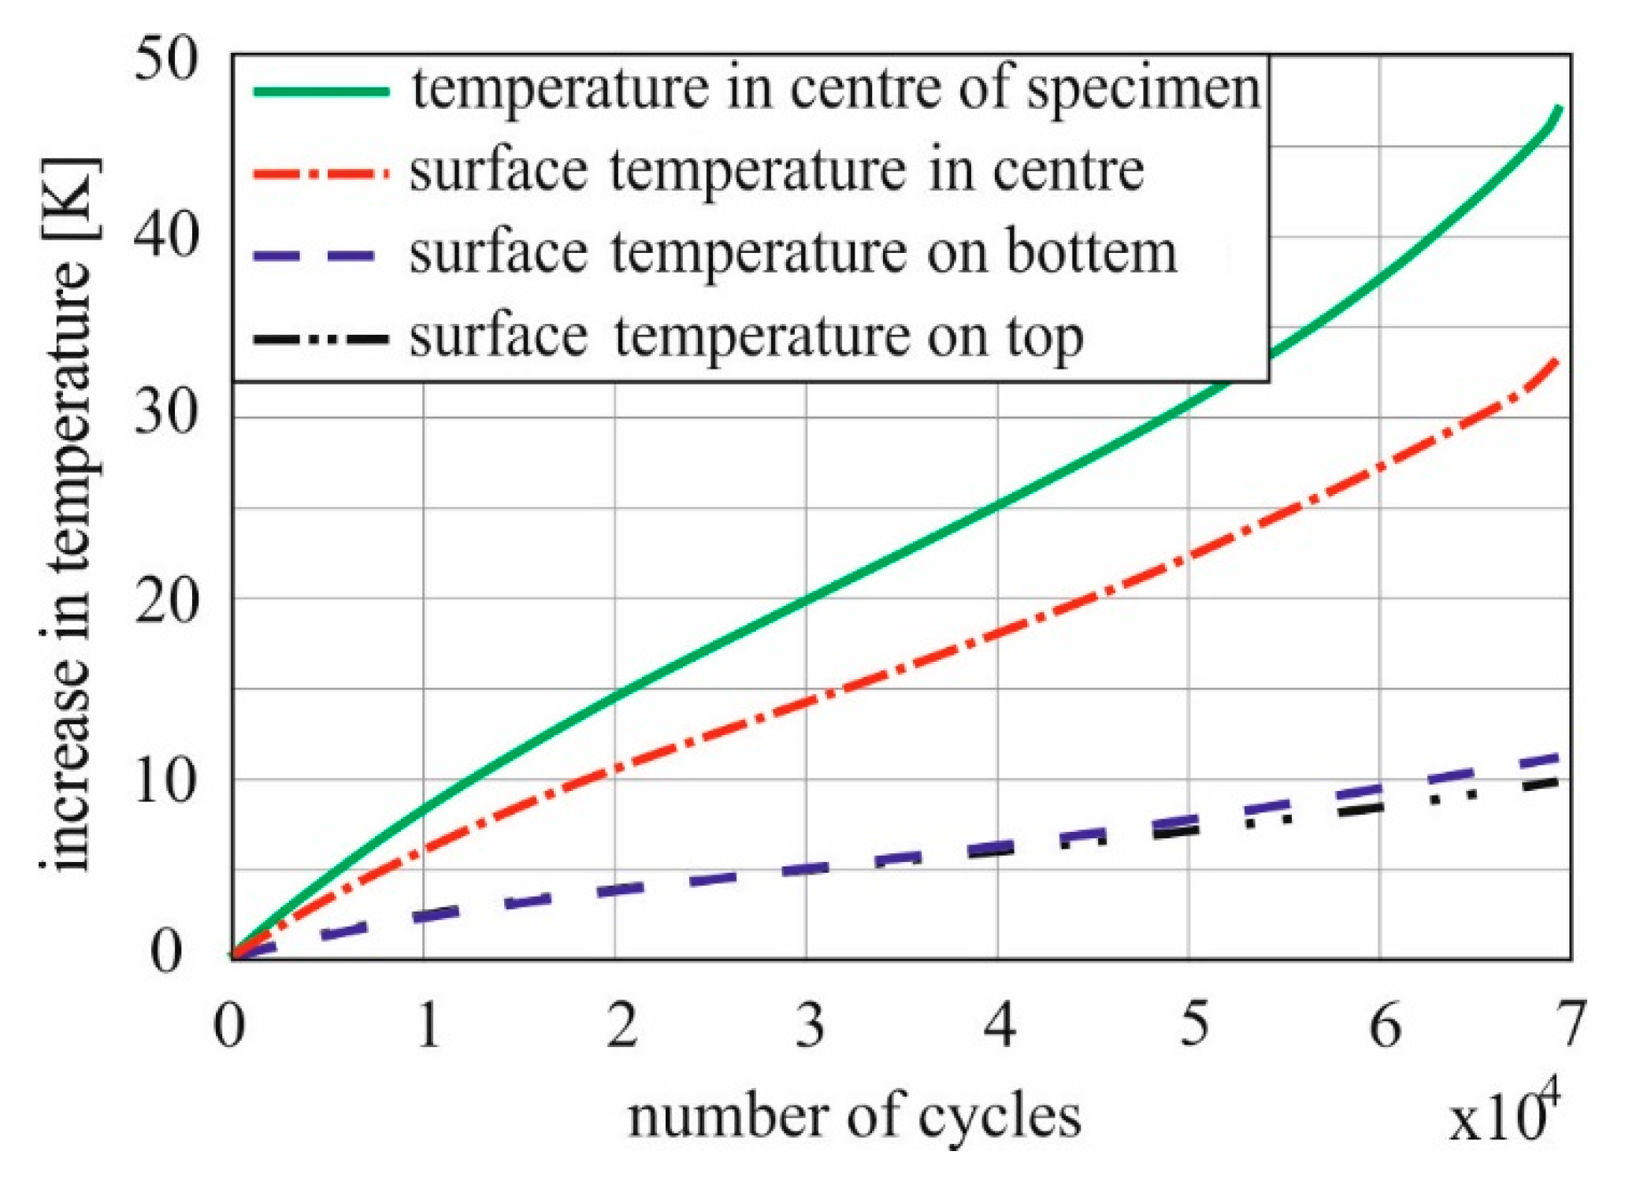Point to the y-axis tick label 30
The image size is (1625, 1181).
[165, 414]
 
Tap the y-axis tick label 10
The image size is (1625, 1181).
[165, 782]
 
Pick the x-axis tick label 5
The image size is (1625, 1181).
[1193, 1024]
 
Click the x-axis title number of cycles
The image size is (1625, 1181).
[854, 1117]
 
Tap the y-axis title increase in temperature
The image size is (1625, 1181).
[69, 516]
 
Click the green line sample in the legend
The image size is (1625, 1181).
[321, 91]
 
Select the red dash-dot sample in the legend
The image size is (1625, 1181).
[321, 173]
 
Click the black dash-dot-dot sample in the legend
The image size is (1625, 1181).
[321, 340]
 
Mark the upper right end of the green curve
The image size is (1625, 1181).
[1558, 108]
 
